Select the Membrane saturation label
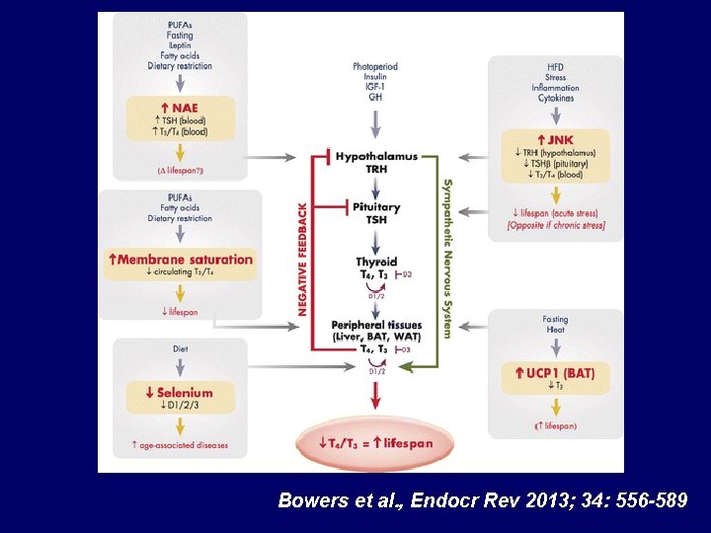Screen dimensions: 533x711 pyautogui.click(x=181, y=260)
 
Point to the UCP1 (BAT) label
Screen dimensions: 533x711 pyautogui.click(x=555, y=372)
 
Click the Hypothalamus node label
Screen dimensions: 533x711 pyautogui.click(x=376, y=156)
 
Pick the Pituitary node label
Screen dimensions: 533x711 pyautogui.click(x=376, y=207)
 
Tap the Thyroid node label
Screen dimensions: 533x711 pyautogui.click(x=376, y=262)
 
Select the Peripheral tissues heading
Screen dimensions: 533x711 pyautogui.click(x=376, y=325)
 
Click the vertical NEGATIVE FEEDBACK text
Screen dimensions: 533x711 pyautogui.click(x=303, y=260)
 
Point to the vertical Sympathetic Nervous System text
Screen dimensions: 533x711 pyautogui.click(x=447, y=259)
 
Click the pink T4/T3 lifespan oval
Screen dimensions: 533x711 pyautogui.click(x=376, y=443)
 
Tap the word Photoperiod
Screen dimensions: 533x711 pyautogui.click(x=375, y=67)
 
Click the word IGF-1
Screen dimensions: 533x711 pyautogui.click(x=375, y=88)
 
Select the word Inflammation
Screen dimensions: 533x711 pyautogui.click(x=556, y=88)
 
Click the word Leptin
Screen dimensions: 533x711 pyautogui.click(x=181, y=46)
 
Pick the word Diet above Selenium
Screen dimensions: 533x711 pyautogui.click(x=181, y=348)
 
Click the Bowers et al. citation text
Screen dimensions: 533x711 pyautogui.click(x=483, y=500)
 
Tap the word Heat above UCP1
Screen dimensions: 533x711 pyautogui.click(x=555, y=331)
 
